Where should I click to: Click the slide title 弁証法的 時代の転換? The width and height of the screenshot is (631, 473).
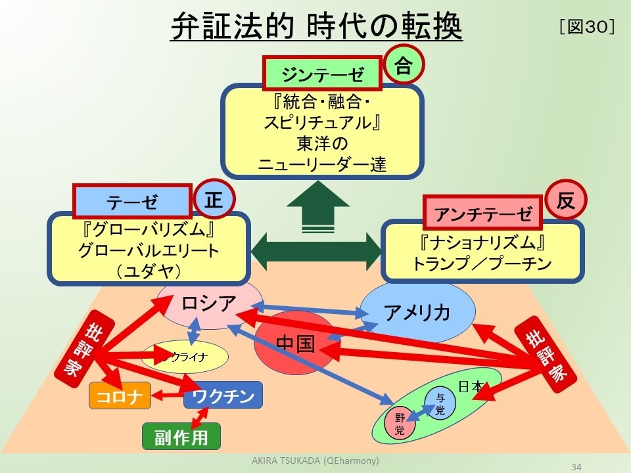[x=316, y=27]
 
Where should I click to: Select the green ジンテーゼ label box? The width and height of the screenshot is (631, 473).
[x=322, y=73]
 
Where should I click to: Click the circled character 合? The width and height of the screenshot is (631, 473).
[x=404, y=65]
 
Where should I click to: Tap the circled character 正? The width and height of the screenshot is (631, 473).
[x=214, y=200]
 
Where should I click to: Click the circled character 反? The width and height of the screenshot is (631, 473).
[x=566, y=200]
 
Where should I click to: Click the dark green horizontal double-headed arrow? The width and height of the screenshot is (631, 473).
[x=315, y=250]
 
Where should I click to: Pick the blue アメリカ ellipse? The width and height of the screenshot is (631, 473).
[x=418, y=313]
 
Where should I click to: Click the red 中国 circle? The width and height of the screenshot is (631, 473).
[x=294, y=343]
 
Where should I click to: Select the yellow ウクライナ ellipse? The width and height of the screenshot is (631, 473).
[x=185, y=357]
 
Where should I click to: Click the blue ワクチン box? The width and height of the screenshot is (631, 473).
[x=223, y=395]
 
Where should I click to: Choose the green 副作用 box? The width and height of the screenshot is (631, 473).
[x=181, y=437]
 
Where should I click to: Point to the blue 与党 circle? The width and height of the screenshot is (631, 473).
[x=440, y=403]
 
